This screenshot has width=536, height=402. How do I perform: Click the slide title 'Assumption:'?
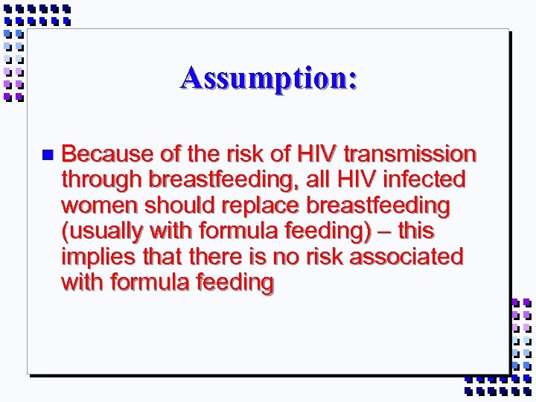[268, 78]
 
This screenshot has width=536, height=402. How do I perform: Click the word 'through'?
[102, 180]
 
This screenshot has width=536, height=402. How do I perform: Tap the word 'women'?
[97, 205]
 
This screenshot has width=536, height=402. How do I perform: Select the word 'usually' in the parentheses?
[99, 232]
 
